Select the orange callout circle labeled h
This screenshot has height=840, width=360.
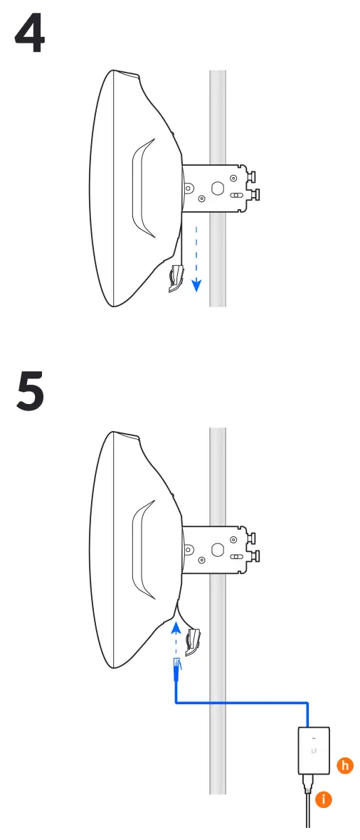pyautogui.click(x=345, y=766)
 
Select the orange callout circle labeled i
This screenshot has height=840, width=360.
pyautogui.click(x=324, y=799)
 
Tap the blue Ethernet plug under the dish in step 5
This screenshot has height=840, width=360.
pyautogui.click(x=176, y=669)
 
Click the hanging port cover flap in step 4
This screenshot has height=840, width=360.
pyautogui.click(x=176, y=278)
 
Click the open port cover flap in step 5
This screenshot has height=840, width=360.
pyautogui.click(x=192, y=641)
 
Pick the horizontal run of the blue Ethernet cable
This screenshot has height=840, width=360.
pyautogui.click(x=242, y=703)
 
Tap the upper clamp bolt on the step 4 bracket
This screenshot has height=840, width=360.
pyautogui.click(x=253, y=174)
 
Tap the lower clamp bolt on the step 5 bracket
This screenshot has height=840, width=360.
pyautogui.click(x=253, y=555)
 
